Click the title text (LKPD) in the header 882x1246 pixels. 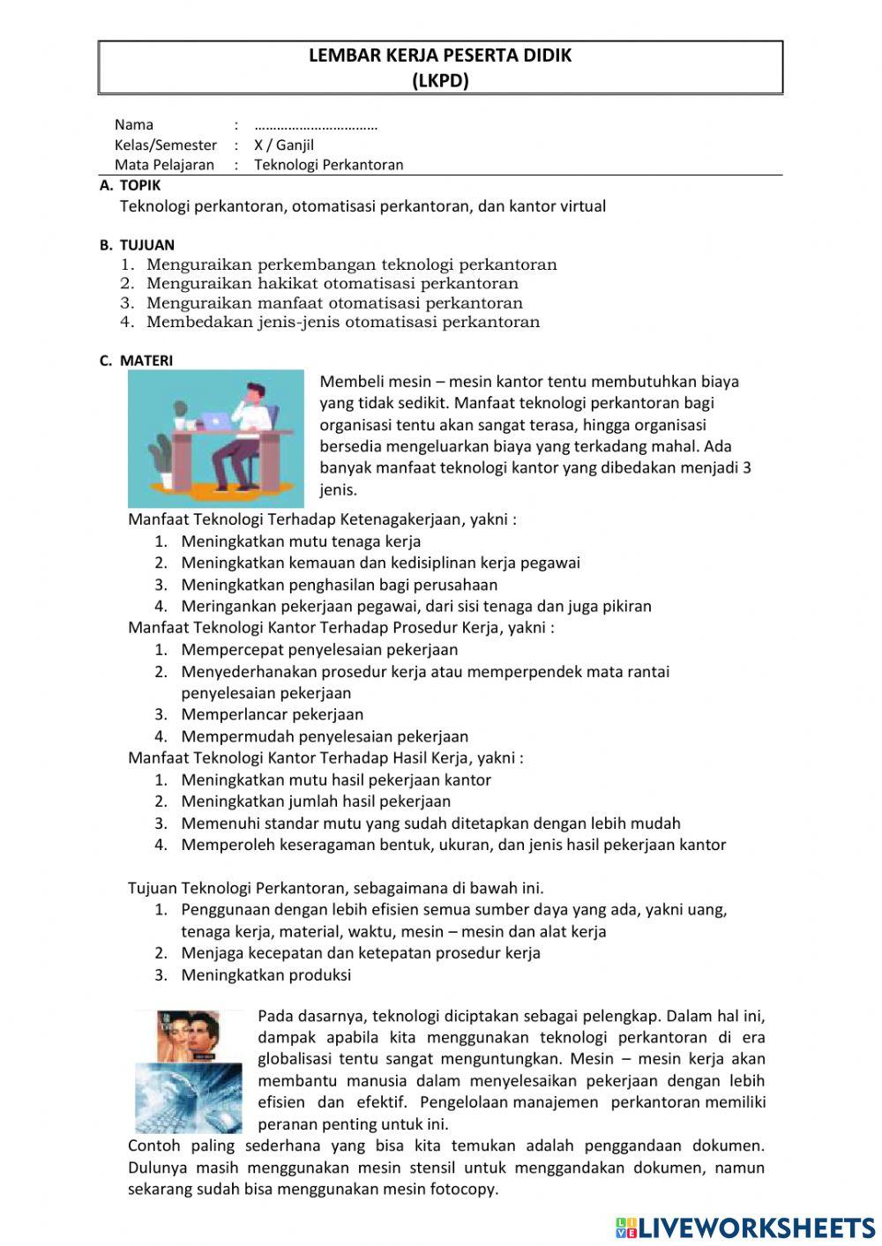coord(440,80)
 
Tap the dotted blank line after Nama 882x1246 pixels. coord(316,125)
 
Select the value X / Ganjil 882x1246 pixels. coord(284,145)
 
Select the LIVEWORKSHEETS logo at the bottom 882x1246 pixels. coord(745,1227)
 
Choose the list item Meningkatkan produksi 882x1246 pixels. coord(265,974)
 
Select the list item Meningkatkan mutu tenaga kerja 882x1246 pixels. coord(301,541)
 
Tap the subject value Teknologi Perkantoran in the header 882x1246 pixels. coord(328,164)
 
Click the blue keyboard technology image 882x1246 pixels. coord(189,1098)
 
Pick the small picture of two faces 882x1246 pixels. coord(189,1036)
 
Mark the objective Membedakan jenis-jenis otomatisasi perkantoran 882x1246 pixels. coord(342,322)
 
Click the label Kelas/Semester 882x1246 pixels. coord(165,145)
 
